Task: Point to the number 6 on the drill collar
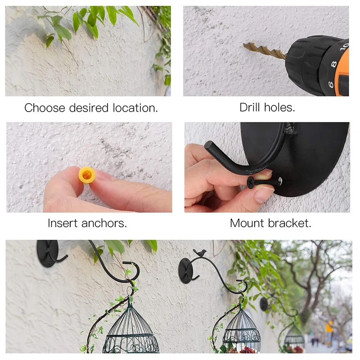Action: [x=331, y=84]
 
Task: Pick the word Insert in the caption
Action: [x=63, y=223]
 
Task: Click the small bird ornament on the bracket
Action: [x=200, y=252]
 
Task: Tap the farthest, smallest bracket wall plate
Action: [x=264, y=304]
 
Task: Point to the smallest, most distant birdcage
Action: [x=294, y=335]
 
